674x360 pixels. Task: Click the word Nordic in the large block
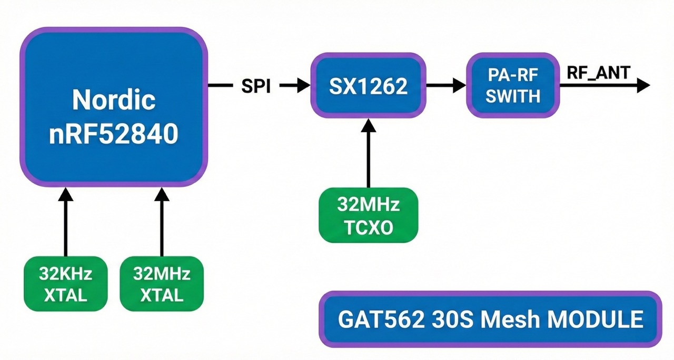click(114, 99)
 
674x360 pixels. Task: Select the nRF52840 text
click(114, 134)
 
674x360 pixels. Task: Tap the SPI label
click(256, 86)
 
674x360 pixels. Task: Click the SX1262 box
click(368, 86)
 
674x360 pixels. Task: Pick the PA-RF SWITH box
click(513, 85)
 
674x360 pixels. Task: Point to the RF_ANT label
click(598, 73)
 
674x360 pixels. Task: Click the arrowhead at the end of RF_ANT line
click(643, 85)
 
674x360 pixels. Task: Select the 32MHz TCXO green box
click(368, 215)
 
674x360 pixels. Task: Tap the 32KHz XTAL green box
click(65, 284)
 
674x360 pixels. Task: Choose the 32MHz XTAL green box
click(162, 284)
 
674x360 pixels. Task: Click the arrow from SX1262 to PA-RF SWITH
click(445, 85)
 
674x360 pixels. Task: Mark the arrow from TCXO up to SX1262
click(368, 153)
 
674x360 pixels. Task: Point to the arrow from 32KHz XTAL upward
click(65, 221)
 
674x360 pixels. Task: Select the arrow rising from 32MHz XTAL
click(162, 221)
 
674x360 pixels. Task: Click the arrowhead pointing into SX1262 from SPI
click(303, 86)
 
